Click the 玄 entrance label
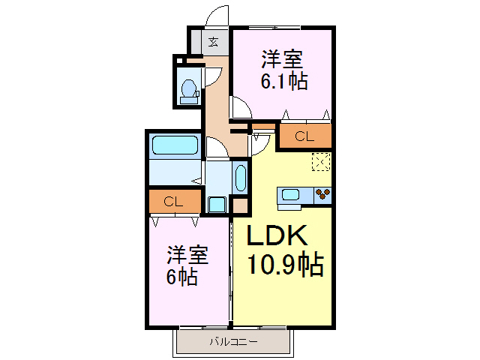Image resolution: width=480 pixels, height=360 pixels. [213, 41]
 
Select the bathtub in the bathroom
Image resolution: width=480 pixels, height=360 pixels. [174, 145]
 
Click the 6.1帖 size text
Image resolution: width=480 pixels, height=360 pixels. [283, 81]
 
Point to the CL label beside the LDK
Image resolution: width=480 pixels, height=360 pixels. [304, 136]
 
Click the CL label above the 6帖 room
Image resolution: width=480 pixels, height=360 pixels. [173, 202]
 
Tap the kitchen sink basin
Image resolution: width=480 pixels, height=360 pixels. [290, 196]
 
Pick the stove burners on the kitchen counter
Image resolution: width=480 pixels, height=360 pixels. [323, 195]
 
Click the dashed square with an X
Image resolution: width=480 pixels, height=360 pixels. [320, 160]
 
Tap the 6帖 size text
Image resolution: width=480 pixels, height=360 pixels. [182, 277]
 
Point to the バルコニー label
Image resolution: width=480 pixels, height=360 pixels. [232, 342]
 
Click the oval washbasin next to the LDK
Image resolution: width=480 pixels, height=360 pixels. [240, 178]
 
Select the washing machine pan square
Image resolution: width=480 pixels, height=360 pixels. [217, 204]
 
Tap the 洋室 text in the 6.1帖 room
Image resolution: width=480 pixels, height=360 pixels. [283, 58]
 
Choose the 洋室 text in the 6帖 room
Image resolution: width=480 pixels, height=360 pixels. [187, 255]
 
